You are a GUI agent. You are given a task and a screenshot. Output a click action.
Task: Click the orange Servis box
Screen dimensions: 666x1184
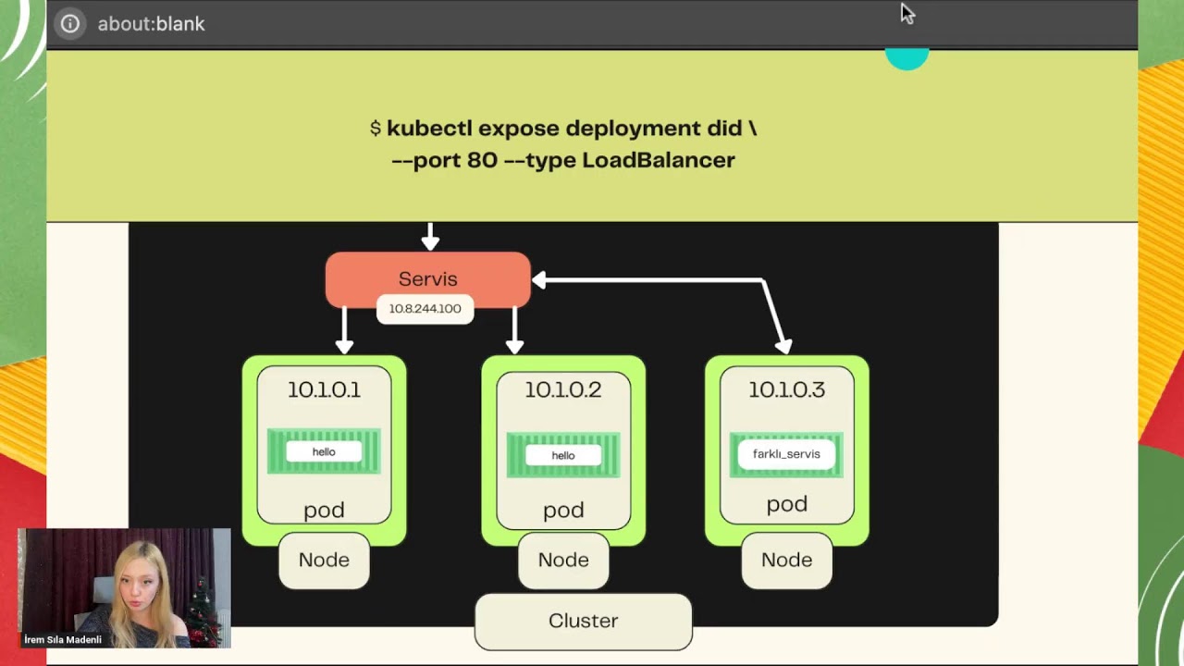(x=427, y=277)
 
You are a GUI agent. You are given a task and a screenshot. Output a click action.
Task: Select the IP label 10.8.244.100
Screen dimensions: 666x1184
(x=425, y=309)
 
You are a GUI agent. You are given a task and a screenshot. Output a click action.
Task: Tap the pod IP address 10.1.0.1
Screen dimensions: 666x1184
(x=324, y=389)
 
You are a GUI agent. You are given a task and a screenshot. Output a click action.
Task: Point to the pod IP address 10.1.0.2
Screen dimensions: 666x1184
(x=563, y=389)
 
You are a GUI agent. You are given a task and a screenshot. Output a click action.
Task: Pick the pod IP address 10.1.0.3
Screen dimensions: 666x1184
(x=786, y=389)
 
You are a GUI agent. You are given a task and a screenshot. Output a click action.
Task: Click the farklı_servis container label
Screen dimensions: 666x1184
(x=786, y=454)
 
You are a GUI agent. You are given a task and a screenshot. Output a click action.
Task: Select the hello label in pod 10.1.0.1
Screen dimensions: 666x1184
(x=324, y=451)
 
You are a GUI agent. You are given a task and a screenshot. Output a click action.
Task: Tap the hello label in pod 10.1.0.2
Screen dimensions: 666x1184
(x=563, y=455)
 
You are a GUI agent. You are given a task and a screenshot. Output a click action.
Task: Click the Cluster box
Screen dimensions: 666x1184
(x=583, y=621)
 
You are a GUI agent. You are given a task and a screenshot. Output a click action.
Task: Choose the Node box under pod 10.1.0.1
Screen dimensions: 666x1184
(x=324, y=560)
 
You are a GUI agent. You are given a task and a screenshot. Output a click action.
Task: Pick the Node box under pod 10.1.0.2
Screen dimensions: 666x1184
(x=563, y=560)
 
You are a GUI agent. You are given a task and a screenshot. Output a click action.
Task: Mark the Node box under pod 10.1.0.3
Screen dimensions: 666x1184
(x=786, y=560)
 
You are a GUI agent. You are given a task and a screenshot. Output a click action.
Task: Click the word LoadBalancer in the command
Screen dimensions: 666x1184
(x=658, y=160)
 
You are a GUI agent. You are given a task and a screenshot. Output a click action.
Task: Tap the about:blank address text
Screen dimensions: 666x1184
(x=151, y=24)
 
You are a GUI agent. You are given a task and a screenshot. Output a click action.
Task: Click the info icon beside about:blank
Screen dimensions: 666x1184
(x=70, y=24)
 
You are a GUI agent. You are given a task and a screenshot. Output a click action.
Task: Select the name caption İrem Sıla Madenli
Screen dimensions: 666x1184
(x=63, y=639)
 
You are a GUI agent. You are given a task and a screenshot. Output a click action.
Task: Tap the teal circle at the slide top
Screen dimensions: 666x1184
(x=906, y=59)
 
